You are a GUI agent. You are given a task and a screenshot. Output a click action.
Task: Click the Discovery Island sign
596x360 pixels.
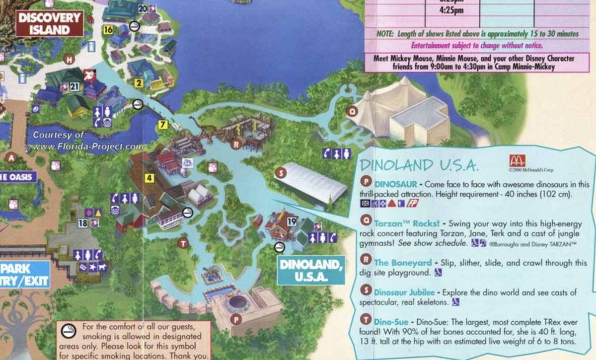pyautogui.click(x=49, y=23)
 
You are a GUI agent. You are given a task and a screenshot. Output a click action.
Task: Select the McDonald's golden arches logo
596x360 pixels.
pyautogui.click(x=517, y=160)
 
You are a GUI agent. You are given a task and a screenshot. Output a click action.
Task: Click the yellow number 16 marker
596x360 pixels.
pyautogui.click(x=108, y=30)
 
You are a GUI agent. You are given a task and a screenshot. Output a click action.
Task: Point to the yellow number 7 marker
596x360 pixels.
pyautogui.click(x=162, y=125)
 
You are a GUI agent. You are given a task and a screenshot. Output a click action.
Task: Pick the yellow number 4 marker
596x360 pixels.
pyautogui.click(x=149, y=177)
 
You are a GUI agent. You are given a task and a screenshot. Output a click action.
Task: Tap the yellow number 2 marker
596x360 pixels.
pyautogui.click(x=139, y=83)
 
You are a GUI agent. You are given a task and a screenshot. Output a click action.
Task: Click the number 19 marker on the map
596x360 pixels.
pyautogui.click(x=292, y=221)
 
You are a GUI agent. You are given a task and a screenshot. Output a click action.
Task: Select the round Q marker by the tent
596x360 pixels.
pyautogui.click(x=352, y=112)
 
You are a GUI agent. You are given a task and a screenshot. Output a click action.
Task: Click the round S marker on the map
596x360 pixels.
pyautogui.click(x=281, y=173)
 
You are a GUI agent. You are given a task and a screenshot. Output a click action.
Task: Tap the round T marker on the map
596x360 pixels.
pyautogui.click(x=183, y=243)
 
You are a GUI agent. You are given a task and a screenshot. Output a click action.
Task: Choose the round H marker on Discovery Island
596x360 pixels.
pyautogui.click(x=70, y=60)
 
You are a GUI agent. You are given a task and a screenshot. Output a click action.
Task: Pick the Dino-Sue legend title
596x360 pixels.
pyautogui.click(x=393, y=322)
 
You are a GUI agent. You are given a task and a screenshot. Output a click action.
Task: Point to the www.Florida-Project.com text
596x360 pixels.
pyautogui.click(x=86, y=146)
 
